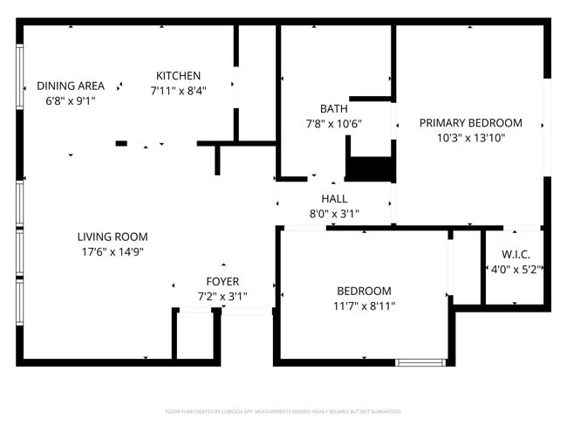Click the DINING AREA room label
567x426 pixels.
pyautogui.click(x=71, y=86)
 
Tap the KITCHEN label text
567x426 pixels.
pyautogui.click(x=178, y=76)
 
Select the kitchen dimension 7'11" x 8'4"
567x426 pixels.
pyautogui.click(x=178, y=90)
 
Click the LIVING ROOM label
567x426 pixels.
pyautogui.click(x=113, y=237)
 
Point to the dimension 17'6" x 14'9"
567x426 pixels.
pyautogui.click(x=113, y=251)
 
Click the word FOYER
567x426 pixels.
pyautogui.click(x=222, y=281)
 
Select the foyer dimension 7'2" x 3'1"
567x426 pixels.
pyautogui.click(x=222, y=296)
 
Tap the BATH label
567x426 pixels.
pyautogui.click(x=333, y=109)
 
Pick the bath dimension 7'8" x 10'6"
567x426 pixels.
pyautogui.click(x=333, y=124)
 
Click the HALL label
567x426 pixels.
pyautogui.click(x=334, y=199)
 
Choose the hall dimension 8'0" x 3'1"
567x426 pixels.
pyautogui.click(x=334, y=214)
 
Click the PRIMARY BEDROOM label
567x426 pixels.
pyautogui.click(x=470, y=123)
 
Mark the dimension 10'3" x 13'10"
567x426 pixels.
pyautogui.click(x=470, y=138)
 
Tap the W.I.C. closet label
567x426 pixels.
pyautogui.click(x=514, y=254)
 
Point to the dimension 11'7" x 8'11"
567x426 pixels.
pyautogui.click(x=364, y=306)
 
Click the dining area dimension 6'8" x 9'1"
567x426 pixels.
pyautogui.click(x=71, y=100)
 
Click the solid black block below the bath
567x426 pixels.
pyautogui.click(x=370, y=168)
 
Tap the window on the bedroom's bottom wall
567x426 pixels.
pyautogui.click(x=420, y=361)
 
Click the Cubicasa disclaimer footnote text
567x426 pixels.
pyautogui.click(x=283, y=410)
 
